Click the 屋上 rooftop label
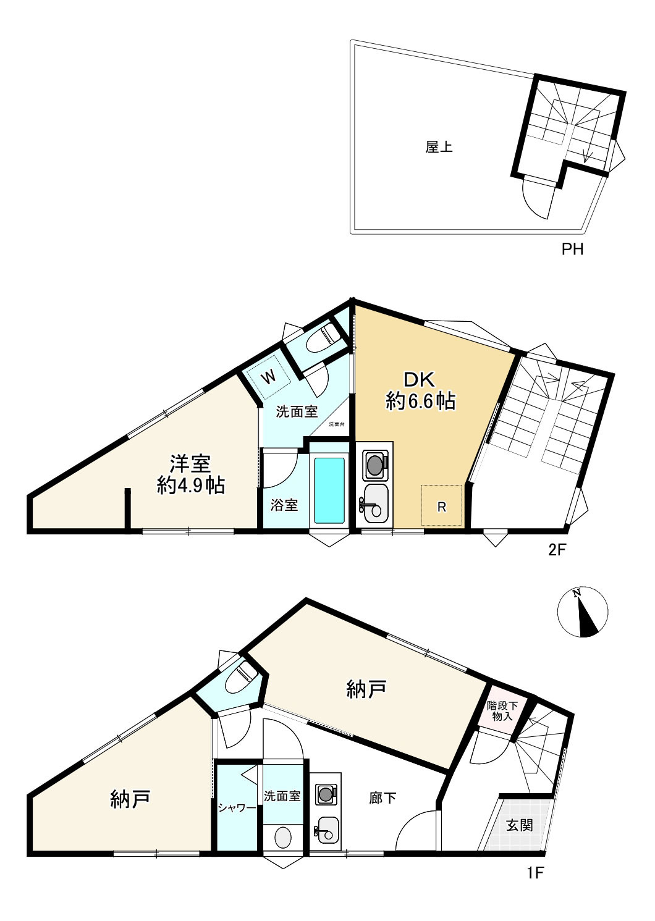pos(439,148)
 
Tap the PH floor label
pos(572,250)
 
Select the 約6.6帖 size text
pos(421,402)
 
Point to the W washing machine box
pos(268,376)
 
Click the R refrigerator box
pos(442,506)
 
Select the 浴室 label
pos(284,505)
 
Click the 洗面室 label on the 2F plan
pos(297,412)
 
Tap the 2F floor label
pos(557,549)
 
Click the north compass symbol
pos(582,612)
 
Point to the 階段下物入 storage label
pos(502,711)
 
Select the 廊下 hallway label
pos(382,798)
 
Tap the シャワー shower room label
pos(237,807)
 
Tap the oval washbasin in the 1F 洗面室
pos(282,838)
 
